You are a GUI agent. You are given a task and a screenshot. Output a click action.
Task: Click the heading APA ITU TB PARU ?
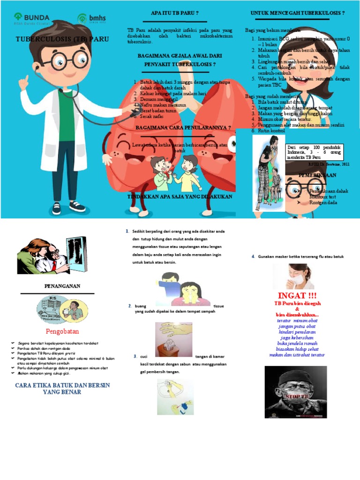[x=174, y=13]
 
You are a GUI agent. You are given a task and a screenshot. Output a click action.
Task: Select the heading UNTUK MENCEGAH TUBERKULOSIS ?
[x=298, y=13]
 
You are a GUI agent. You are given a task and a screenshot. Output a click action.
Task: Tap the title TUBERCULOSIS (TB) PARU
[x=62, y=39]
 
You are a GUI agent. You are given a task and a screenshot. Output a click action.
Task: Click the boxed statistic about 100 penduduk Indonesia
[x=315, y=152]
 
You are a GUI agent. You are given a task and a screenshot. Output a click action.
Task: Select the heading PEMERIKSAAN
[x=318, y=175]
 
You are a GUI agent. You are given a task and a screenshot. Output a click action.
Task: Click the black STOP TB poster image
[x=295, y=392]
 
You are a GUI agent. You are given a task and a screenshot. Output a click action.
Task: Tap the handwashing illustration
[x=175, y=397]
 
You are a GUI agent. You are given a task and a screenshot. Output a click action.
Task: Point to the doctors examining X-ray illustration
[x=52, y=255]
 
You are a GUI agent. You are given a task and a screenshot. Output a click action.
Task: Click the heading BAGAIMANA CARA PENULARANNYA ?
[x=183, y=127]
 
